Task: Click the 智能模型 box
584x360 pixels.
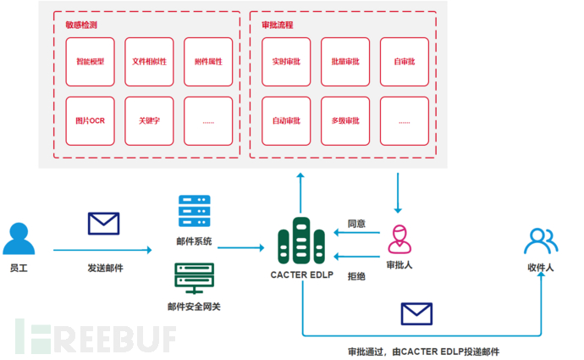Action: [x=91, y=62]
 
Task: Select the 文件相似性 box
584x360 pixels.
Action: [x=150, y=62]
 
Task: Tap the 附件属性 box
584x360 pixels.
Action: [x=208, y=62]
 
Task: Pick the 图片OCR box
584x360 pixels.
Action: [x=91, y=120]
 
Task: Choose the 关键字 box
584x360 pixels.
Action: [x=150, y=120]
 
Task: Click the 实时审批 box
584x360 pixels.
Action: [x=286, y=62]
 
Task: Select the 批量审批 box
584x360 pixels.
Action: [x=345, y=62]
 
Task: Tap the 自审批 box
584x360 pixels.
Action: [x=404, y=62]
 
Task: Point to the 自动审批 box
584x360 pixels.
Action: [x=286, y=120]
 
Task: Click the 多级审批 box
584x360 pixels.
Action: [x=345, y=120]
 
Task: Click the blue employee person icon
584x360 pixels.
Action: [x=19, y=239]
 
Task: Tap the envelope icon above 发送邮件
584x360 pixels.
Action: [x=103, y=224]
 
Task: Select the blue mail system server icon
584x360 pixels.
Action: [x=194, y=212]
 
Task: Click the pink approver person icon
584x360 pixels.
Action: [x=399, y=240]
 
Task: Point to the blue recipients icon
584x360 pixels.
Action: [x=540, y=241]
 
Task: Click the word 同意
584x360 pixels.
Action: [x=356, y=224]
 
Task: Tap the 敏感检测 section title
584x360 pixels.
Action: [x=80, y=25]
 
